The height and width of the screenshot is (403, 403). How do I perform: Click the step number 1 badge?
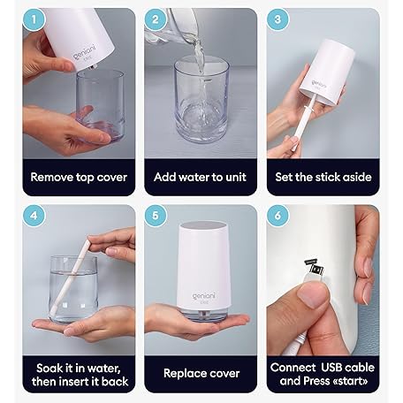(34, 19)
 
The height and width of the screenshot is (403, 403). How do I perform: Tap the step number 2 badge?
(156, 19)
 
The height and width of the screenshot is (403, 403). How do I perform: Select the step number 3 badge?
(278, 19)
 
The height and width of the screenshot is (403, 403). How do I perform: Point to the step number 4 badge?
(34, 216)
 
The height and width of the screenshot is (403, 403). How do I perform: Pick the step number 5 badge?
(156, 216)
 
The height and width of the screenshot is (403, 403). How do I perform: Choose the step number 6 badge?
(278, 216)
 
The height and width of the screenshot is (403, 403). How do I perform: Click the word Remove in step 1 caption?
(51, 177)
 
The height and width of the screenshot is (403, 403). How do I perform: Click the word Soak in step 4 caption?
(49, 369)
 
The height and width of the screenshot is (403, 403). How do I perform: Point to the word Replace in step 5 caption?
(182, 374)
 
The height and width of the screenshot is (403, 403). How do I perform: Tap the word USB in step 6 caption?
(331, 368)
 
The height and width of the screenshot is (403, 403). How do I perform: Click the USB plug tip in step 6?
(316, 269)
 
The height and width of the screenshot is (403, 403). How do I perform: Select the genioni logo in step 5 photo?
(204, 296)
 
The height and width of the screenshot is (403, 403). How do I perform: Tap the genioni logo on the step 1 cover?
(85, 52)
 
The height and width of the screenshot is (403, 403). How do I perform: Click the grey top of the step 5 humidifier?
(202, 225)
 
